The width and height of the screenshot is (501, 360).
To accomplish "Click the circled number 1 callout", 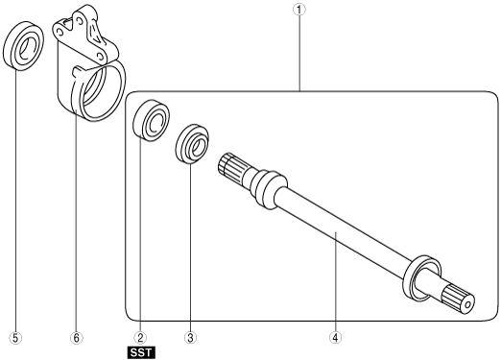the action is pos(299,10).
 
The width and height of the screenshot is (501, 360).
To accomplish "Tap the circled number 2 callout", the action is pos(140,338).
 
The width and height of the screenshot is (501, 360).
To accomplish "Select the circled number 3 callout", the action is pos(191,338).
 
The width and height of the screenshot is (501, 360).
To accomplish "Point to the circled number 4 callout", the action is pos(335,338).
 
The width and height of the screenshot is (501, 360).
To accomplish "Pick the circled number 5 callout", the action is pos(16,338).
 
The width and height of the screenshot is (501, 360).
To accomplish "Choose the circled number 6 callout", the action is pos(76,338).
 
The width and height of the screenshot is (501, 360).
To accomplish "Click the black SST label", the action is pos(141,353).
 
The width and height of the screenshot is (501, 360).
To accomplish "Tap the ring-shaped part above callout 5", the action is pos(24,45).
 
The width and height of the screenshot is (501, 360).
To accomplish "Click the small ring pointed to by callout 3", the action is pos(192,144).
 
